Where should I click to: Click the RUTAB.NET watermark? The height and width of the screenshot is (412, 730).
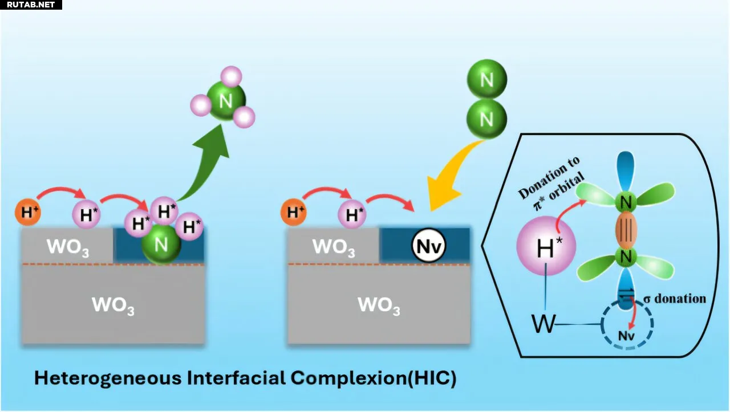pos(31,5)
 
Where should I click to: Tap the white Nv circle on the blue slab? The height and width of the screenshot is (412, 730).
pos(428,246)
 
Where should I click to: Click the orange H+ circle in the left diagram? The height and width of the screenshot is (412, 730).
pos(29,212)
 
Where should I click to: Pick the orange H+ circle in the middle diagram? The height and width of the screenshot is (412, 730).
pos(294,212)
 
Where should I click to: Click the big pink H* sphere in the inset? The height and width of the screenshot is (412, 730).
pos(546,247)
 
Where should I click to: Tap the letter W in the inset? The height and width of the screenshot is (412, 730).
pos(543,324)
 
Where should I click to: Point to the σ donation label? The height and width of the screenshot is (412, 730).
pos(675,299)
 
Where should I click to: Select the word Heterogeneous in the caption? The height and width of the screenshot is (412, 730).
pos(108,378)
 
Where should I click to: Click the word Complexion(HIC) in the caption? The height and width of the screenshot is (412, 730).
pos(374,378)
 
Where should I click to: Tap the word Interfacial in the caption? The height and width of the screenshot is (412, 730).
pos(236,378)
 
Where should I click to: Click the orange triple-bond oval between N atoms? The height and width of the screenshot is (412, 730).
pos(626,229)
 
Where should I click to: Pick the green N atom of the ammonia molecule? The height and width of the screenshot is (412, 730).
pos(226,101)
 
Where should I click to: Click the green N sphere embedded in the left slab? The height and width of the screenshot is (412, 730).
pos(161,244)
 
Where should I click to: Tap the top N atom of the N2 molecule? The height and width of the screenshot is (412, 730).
pos(487,79)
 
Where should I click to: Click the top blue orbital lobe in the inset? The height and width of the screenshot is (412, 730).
pos(626,171)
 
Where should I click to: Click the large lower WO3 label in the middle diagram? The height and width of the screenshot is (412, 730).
pos(379,305)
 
